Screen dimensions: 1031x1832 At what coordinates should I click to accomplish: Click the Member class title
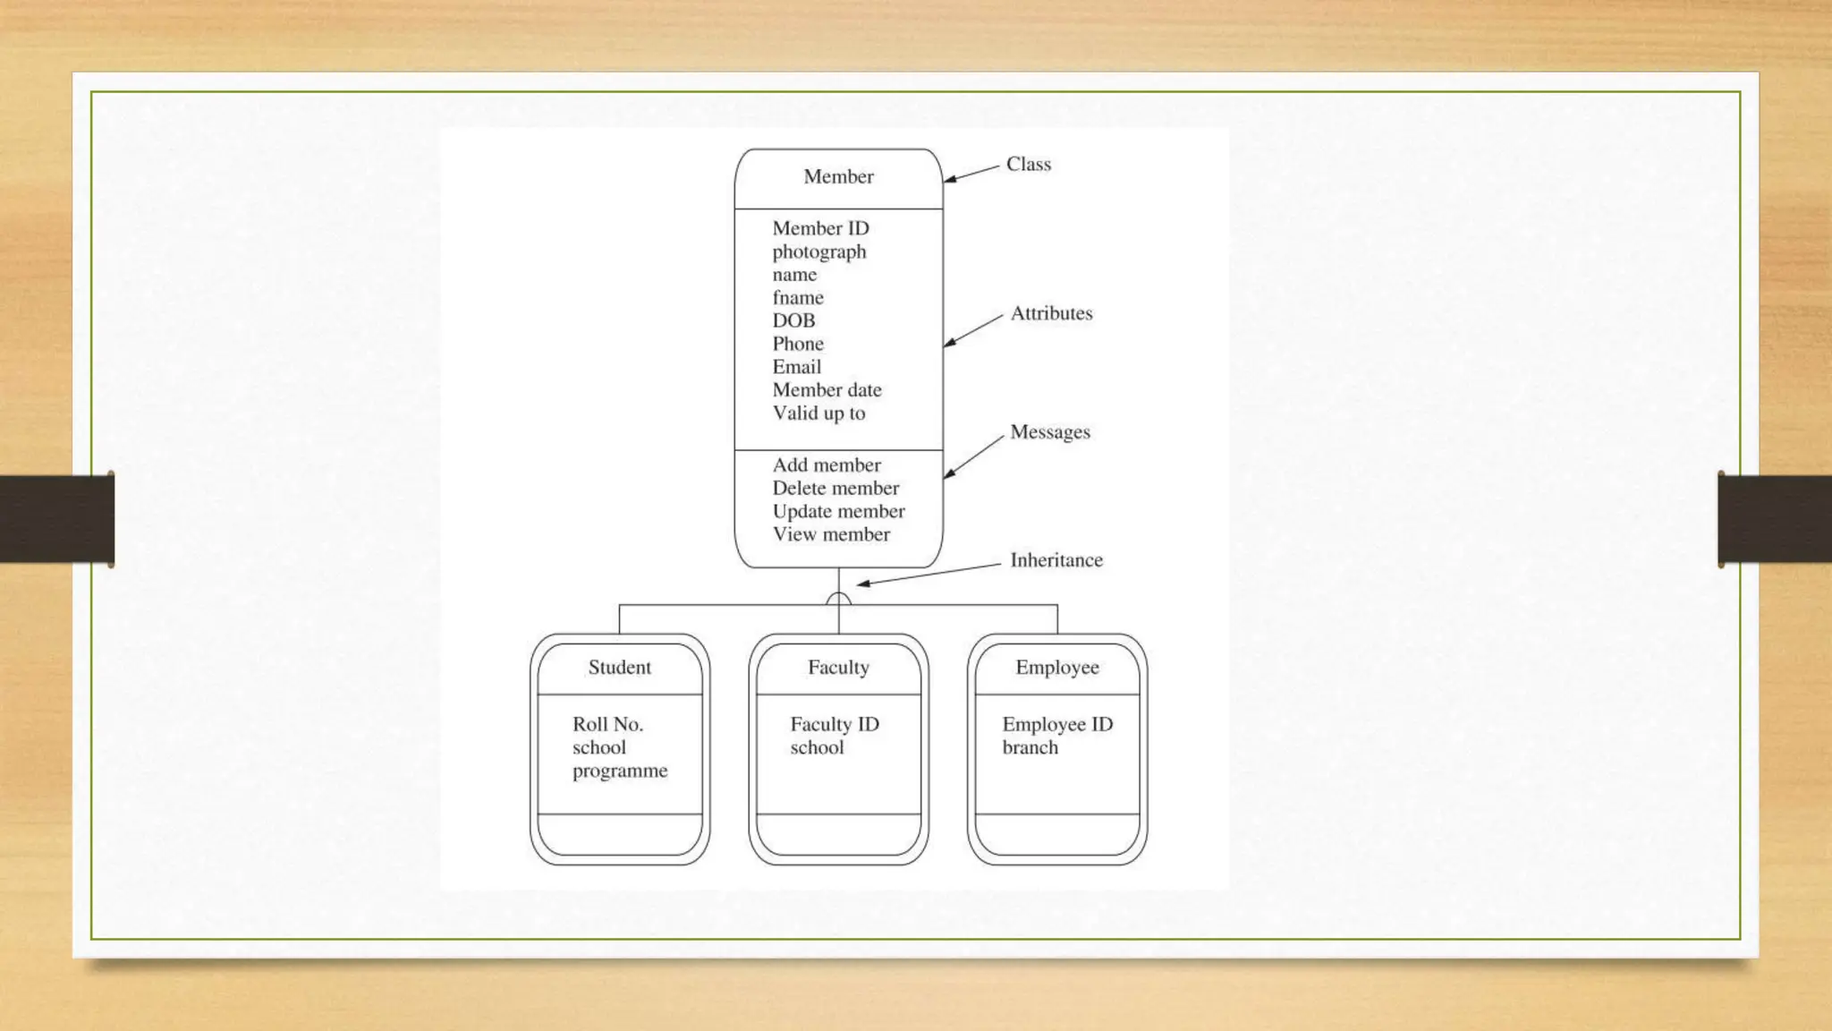point(838,177)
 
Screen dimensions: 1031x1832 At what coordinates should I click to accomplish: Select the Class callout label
point(1029,165)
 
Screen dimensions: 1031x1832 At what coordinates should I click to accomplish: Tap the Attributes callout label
point(1051,313)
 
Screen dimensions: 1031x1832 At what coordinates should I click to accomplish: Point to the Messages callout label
point(1050,432)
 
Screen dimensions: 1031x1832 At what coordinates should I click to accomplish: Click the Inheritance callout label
point(1056,560)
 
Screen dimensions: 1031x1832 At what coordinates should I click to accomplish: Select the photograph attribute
point(819,252)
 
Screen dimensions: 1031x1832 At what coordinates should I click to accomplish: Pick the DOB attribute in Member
point(793,320)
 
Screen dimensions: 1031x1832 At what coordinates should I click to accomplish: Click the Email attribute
point(797,367)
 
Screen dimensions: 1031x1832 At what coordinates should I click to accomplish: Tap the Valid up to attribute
point(819,413)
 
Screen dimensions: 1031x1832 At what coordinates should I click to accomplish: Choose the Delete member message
point(835,489)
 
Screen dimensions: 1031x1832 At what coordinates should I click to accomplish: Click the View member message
point(831,534)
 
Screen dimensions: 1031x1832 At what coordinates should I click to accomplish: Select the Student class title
point(620,668)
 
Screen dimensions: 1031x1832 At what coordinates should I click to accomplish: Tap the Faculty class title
point(838,668)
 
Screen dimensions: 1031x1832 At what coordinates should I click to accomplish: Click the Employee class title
point(1057,668)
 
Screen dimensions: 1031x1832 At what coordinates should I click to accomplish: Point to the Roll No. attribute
point(608,724)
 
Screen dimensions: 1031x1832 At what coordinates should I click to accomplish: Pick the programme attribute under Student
point(620,771)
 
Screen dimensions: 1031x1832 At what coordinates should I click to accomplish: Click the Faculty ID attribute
point(835,724)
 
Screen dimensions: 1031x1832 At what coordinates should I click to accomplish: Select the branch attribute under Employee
point(1030,747)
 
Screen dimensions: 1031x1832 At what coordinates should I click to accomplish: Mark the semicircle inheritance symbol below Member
point(838,599)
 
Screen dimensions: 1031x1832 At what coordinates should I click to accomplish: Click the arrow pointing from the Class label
point(971,174)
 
